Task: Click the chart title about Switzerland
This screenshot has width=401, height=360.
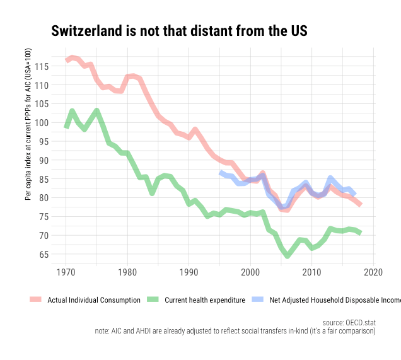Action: [178, 31]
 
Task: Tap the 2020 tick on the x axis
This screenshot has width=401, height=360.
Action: [374, 271]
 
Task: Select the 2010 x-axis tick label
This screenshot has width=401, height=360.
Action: [312, 271]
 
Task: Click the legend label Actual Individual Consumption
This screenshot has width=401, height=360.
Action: [94, 300]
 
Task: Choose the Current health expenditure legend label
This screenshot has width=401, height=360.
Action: [204, 300]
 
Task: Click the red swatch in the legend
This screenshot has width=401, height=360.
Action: [35, 300]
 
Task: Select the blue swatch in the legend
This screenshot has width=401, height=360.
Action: [257, 300]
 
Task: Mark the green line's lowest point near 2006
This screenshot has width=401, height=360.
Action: [288, 256]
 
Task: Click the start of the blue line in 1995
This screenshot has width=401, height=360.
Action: [220, 172]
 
